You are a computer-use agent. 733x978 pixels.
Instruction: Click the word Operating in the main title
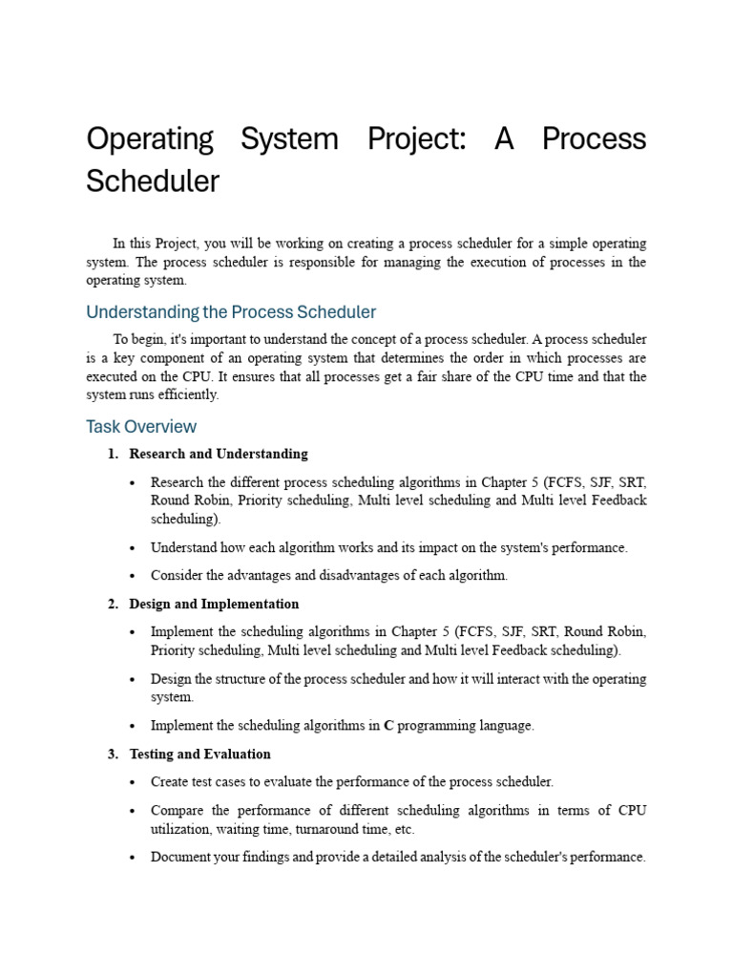(x=149, y=139)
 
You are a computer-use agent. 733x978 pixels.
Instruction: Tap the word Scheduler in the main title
(x=153, y=181)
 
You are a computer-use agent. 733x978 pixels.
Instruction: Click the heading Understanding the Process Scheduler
(x=231, y=312)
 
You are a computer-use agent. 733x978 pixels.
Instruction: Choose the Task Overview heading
(x=141, y=426)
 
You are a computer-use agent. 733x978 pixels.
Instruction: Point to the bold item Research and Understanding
(x=219, y=454)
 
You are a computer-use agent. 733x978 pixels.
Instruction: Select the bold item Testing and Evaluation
(x=199, y=754)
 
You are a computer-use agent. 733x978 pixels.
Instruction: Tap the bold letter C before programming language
(x=387, y=726)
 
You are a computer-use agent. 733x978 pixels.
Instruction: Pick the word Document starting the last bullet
(x=181, y=857)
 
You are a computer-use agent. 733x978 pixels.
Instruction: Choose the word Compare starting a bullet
(x=178, y=810)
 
